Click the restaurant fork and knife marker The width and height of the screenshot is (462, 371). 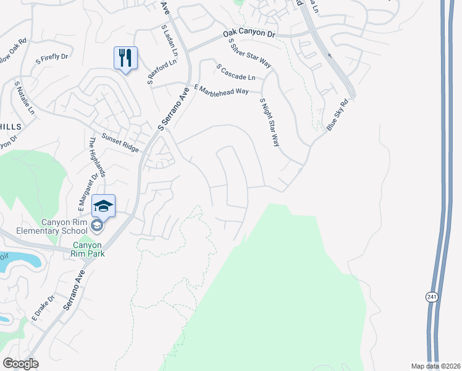pyautogui.click(x=126, y=58)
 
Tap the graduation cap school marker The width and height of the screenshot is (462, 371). pyautogui.click(x=104, y=206)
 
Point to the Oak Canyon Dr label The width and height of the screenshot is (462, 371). pyautogui.click(x=249, y=35)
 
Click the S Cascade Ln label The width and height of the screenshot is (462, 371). pyautogui.click(x=235, y=72)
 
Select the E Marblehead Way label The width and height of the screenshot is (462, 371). pyautogui.click(x=221, y=90)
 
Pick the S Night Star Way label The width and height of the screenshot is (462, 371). pyautogui.click(x=270, y=122)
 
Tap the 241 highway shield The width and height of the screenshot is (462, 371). pyautogui.click(x=432, y=297)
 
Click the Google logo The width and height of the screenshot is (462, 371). pyautogui.click(x=20, y=364)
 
